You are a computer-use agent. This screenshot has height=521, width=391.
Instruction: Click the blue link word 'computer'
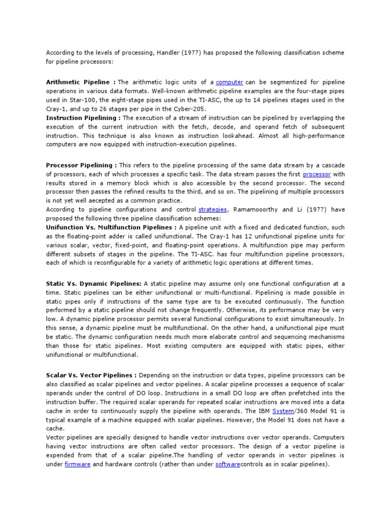tap(229, 82)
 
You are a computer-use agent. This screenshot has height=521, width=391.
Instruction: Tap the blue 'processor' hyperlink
tap(317, 174)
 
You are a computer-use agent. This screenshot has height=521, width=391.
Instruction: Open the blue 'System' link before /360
tap(283, 411)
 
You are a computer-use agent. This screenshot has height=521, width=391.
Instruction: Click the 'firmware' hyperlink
tap(77, 465)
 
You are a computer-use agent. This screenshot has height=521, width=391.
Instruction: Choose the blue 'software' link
tap(228, 465)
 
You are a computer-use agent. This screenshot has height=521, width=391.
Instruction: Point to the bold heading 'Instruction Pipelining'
tap(81, 118)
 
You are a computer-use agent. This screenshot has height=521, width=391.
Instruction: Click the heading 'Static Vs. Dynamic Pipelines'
tap(94, 283)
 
